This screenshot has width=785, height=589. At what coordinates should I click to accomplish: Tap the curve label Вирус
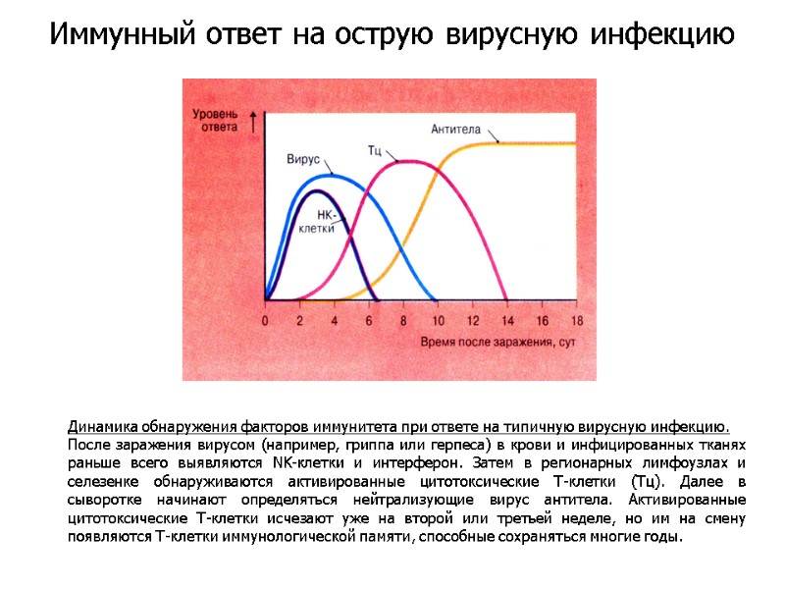point(303,158)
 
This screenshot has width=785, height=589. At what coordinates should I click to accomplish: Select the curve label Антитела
point(454,128)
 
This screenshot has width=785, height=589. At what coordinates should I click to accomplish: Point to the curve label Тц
point(375,149)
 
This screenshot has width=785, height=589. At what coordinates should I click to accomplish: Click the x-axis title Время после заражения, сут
point(497,342)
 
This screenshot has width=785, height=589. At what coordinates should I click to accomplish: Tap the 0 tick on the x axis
point(265,321)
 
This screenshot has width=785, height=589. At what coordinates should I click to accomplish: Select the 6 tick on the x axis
point(369,321)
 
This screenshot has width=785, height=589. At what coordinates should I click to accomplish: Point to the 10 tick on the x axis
point(438,321)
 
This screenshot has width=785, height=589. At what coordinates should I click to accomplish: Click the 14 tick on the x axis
point(506,321)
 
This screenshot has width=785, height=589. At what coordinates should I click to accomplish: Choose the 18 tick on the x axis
point(576,321)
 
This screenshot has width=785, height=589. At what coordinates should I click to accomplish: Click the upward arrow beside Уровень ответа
point(254,121)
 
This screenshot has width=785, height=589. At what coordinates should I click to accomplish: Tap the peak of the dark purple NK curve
point(316,190)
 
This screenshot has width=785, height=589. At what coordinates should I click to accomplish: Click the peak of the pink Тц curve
point(406,161)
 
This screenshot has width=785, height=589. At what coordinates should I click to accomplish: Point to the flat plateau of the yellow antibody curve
point(530,144)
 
